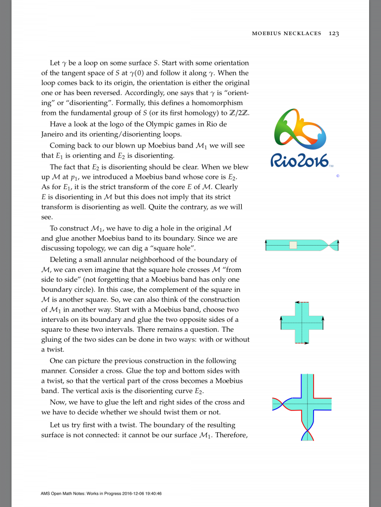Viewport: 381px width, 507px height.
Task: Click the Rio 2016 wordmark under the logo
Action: tap(300, 160)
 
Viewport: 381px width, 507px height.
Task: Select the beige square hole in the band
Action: tap(293, 245)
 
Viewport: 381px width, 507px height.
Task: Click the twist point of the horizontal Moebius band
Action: tap(329, 245)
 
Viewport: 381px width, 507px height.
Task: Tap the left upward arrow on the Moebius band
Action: tap(266, 245)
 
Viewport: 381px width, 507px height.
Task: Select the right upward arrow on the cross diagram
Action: tap(322, 322)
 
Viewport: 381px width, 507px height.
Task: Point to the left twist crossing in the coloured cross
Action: tap(281, 404)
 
